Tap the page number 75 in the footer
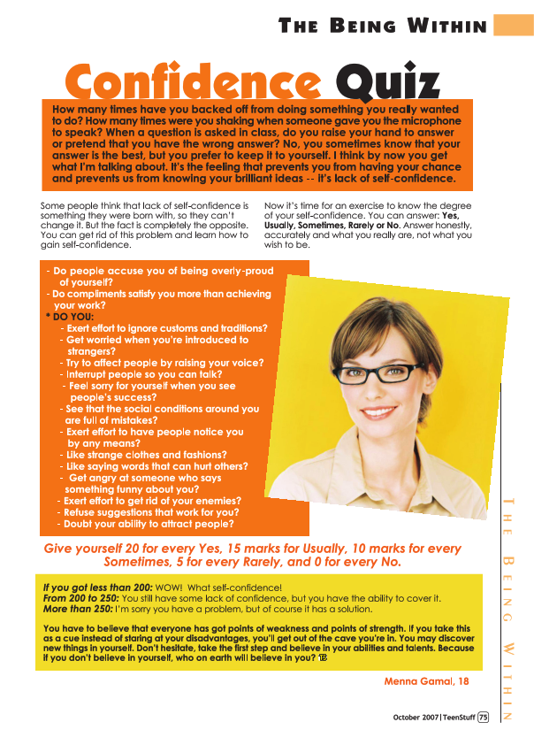pyautogui.click(x=483, y=718)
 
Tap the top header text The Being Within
pyautogui.click(x=383, y=26)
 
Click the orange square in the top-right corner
pyautogui.click(x=514, y=24)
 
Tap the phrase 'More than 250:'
pyautogui.click(x=78, y=610)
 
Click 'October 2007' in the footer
pyautogui.click(x=416, y=718)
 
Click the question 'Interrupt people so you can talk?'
pyautogui.click(x=143, y=374)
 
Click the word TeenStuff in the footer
pyautogui.click(x=459, y=718)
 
